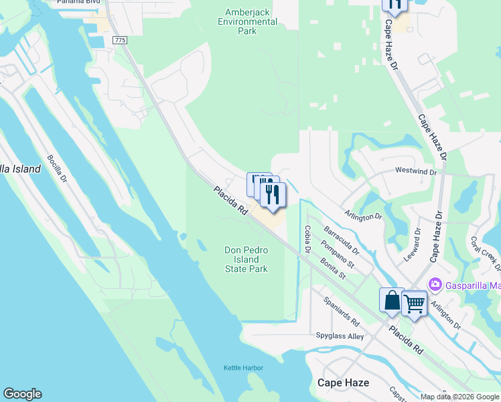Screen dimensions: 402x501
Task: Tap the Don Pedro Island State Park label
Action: click(246, 259)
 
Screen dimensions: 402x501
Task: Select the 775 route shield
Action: click(120, 41)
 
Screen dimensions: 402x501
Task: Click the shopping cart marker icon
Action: click(414, 304)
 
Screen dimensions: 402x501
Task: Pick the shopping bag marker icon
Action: click(392, 300)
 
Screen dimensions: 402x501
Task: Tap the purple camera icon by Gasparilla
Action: click(435, 284)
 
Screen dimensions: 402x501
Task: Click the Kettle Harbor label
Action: click(243, 368)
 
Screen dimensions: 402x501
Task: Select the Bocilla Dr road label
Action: click(58, 169)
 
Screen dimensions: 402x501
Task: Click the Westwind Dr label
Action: click(415, 172)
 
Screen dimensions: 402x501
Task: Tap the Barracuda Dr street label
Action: click(342, 241)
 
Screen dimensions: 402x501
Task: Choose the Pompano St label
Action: click(338, 253)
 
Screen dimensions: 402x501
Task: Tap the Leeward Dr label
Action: click(416, 244)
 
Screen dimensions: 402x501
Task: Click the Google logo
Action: click(22, 394)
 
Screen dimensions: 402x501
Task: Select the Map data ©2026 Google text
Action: click(459, 397)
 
